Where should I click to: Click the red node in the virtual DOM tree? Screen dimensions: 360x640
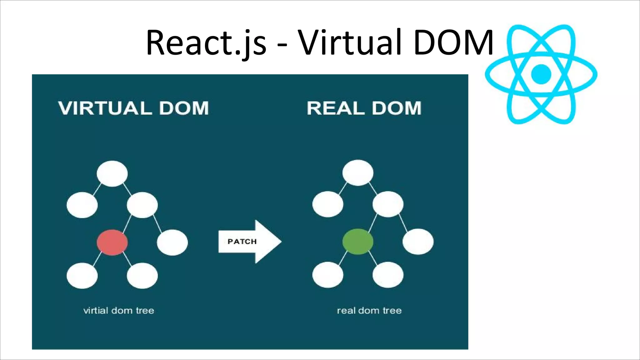coord(112,242)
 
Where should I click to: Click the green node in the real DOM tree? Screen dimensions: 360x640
coord(358,242)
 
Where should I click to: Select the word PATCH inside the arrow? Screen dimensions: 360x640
coord(242,242)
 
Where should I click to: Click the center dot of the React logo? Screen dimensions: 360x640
coord(541,74)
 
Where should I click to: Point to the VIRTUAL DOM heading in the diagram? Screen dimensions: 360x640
coord(133,108)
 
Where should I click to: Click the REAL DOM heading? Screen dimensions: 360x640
coord(364,108)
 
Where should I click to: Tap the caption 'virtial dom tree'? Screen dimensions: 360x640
coord(119,311)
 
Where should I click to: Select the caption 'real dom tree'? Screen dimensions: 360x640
coord(369,311)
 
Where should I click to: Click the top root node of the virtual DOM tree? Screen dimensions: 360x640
coord(112,174)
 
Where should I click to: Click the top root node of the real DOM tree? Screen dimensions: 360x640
coord(358,173)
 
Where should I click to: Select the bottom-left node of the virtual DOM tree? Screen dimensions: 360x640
coord(82,276)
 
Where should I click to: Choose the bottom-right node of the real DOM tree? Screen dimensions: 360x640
coord(388,275)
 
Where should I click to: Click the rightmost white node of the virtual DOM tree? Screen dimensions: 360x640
coord(172,242)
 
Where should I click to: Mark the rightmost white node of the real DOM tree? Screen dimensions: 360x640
coord(418,242)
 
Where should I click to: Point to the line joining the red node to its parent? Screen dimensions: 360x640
coord(127,224)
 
